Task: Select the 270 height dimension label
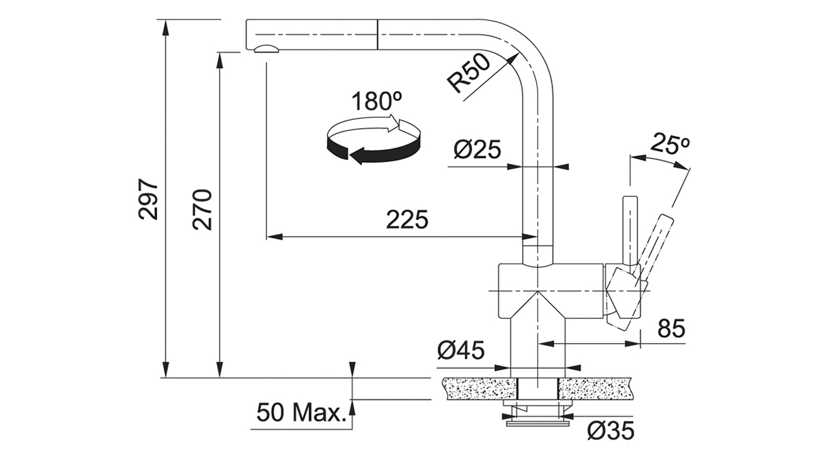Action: (203, 210)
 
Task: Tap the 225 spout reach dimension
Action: (407, 219)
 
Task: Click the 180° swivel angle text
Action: (376, 101)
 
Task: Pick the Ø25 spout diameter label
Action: (477, 149)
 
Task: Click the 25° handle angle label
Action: (670, 143)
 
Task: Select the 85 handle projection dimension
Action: (671, 328)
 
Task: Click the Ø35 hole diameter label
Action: (611, 431)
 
